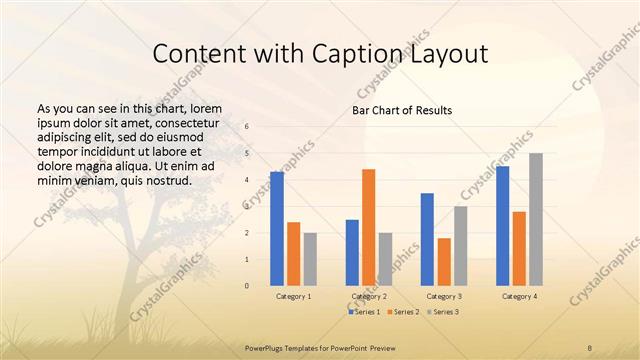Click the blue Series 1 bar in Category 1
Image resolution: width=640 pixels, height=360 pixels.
tap(277, 229)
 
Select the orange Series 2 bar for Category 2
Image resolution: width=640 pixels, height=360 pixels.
tap(369, 227)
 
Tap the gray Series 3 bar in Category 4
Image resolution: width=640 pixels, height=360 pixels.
tap(536, 219)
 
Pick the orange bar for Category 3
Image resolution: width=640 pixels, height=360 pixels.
tap(444, 261)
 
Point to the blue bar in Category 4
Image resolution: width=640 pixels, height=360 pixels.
tap(502, 226)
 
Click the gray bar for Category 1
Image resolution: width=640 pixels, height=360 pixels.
tap(310, 259)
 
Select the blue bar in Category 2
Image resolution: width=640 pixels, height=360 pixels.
tap(352, 252)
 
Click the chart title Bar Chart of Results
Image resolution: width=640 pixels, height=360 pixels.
tap(403, 109)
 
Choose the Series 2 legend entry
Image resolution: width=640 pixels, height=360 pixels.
tap(404, 312)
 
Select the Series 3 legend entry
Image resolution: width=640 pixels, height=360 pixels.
tap(442, 312)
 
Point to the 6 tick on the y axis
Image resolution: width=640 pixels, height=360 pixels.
tap(247, 127)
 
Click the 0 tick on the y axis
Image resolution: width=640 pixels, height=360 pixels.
tap(247, 286)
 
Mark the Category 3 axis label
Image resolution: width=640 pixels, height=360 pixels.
tap(444, 297)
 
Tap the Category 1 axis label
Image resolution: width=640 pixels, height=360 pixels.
tap(293, 297)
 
